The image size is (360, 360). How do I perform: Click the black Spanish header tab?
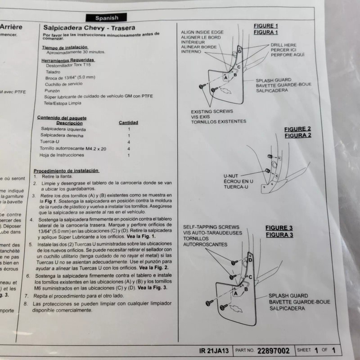tap(107, 18)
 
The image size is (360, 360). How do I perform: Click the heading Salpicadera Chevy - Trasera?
tap(89, 27)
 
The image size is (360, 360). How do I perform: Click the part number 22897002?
tap(274, 351)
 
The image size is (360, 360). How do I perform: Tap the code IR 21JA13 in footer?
tap(214, 351)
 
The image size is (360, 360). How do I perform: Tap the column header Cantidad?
tap(128, 122)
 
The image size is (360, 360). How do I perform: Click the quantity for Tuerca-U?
tap(129, 142)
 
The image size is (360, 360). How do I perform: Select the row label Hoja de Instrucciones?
tap(62, 155)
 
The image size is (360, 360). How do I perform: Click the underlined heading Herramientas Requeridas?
tap(68, 59)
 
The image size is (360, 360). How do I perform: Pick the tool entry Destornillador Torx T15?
tap(72, 65)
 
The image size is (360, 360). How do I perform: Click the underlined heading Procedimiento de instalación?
tap(67, 171)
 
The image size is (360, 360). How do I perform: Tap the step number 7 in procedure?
tap(27, 296)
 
